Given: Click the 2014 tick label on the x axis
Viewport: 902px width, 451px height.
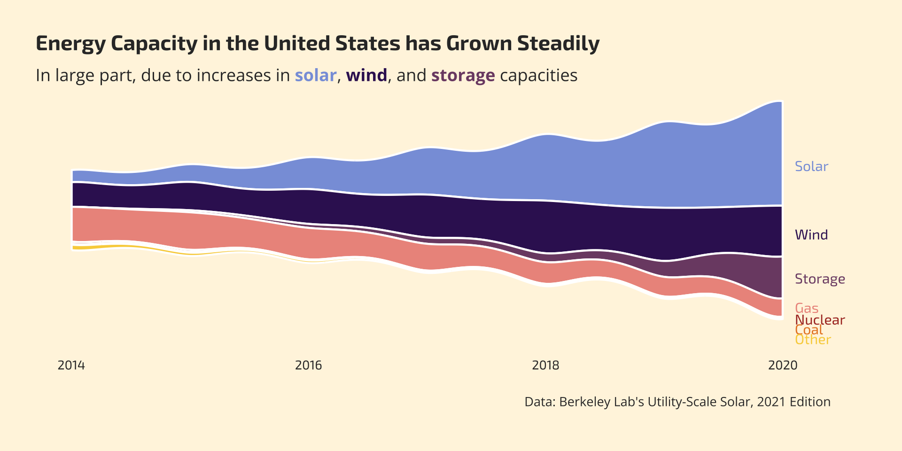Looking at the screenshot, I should coord(71,365).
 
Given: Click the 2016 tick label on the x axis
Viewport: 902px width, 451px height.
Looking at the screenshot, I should coord(308,365).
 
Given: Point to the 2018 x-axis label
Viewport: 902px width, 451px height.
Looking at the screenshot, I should coord(545,365).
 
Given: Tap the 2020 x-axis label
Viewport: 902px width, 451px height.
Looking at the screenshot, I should coord(783,365).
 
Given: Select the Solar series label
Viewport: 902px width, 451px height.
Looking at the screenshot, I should coord(811,166).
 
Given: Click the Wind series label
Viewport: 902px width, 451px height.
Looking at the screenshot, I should coord(811,235).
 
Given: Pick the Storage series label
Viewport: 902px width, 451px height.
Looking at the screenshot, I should coord(820,279).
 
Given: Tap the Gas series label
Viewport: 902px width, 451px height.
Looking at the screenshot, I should coord(807,308).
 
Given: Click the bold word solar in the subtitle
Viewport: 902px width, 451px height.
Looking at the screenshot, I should coord(315,75).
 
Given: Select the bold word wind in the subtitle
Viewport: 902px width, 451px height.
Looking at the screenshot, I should coord(366,75).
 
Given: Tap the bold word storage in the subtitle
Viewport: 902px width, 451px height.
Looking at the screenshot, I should coord(463,75).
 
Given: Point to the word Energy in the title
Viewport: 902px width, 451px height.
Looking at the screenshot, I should coord(70,44).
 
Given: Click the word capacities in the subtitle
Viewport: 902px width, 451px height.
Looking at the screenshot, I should coord(538,75).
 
